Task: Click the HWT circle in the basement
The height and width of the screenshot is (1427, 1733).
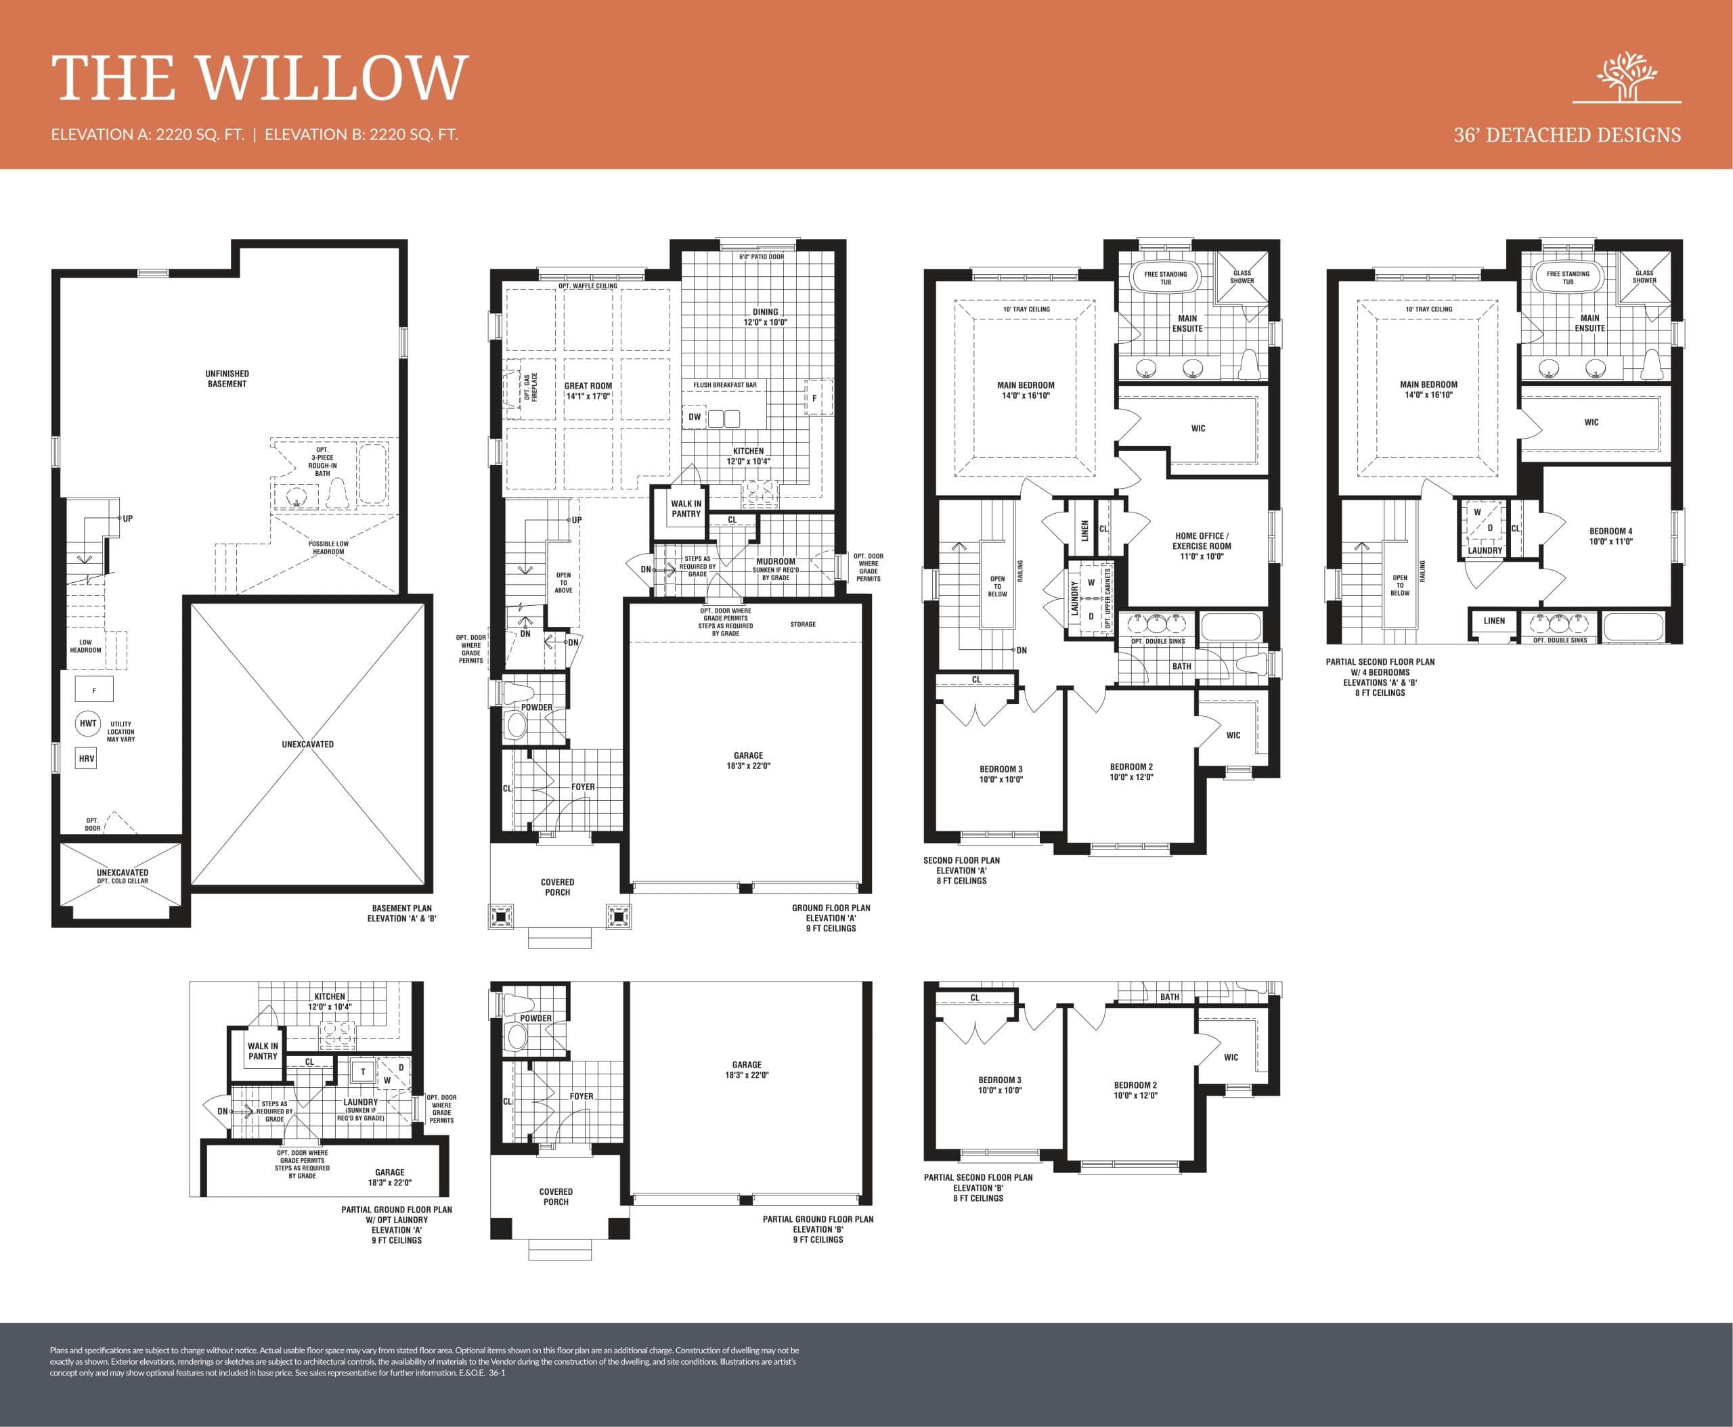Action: coord(88,724)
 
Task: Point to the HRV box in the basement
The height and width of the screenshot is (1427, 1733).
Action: coord(87,758)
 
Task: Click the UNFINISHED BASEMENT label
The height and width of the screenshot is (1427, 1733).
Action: coord(227,379)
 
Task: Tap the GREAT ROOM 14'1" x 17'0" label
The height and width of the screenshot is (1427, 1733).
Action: coord(588,391)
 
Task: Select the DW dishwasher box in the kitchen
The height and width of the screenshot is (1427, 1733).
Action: coord(695,417)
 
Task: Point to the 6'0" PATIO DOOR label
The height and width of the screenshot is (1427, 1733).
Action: coord(762,257)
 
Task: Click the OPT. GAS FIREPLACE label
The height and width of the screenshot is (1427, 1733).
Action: coord(530,388)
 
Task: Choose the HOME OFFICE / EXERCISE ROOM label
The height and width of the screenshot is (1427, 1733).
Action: coord(1201,546)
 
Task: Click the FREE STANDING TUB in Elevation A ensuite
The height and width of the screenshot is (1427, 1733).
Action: coord(1165,278)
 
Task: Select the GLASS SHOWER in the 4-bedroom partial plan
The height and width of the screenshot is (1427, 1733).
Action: coord(1644,277)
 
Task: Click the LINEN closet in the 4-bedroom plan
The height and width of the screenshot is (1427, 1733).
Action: coord(1494,621)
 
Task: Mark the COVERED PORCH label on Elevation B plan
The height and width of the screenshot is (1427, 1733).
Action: coord(556,1196)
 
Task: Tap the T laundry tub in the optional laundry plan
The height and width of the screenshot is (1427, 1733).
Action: coord(363,1072)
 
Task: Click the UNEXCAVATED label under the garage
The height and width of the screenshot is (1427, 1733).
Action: coord(307,744)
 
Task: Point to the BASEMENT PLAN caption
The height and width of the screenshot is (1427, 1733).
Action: coord(401,913)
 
